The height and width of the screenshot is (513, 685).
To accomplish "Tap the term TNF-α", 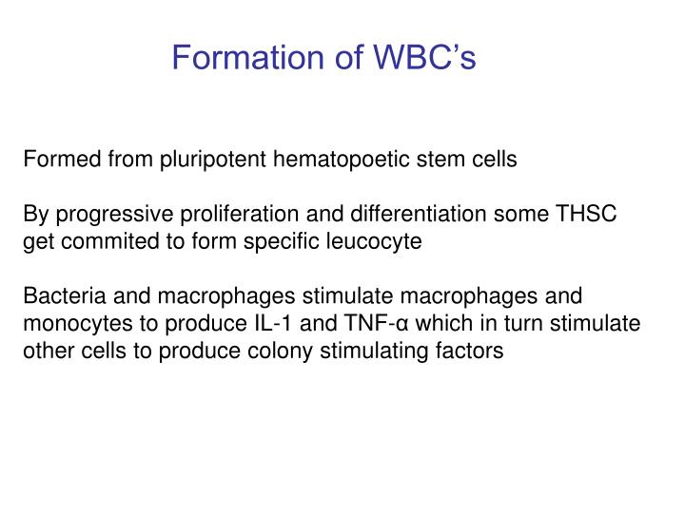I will pyautogui.click(x=347, y=323).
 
